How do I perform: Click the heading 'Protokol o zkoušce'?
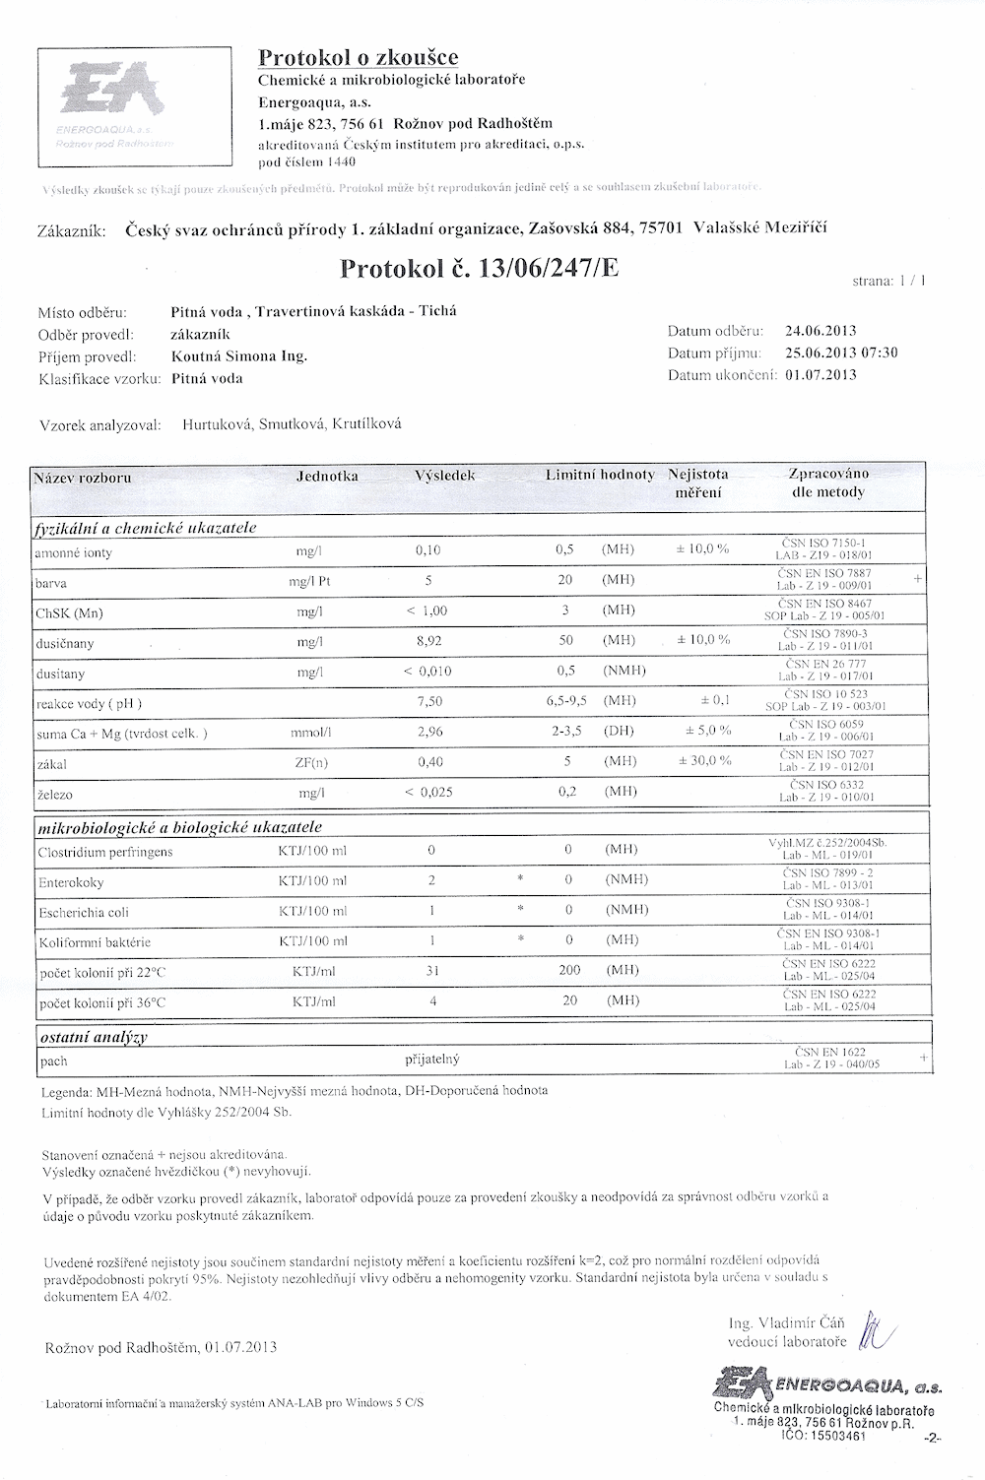point(358,57)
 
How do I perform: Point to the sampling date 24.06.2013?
point(821,331)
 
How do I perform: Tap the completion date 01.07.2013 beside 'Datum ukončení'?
point(821,374)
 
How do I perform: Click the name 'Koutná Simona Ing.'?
point(239,355)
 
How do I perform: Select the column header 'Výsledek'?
point(445,476)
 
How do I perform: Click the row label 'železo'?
point(55,793)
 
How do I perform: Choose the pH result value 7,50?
point(430,702)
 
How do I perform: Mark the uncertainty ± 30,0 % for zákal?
point(704,761)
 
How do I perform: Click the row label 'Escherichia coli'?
point(84,912)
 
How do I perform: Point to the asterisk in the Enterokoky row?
point(519,880)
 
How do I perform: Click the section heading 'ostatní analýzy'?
point(93,1037)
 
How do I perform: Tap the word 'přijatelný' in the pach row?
point(432,1060)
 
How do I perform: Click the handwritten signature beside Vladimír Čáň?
point(874,1331)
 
